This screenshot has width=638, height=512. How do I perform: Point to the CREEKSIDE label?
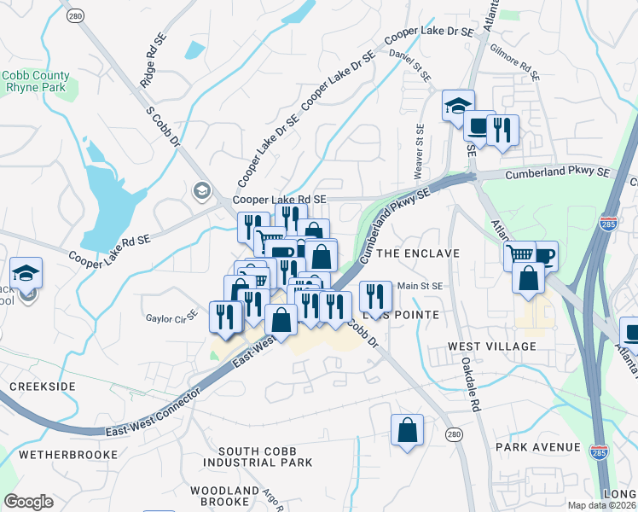pyautogui.click(x=43, y=387)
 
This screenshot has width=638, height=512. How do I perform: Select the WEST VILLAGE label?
pyautogui.click(x=493, y=346)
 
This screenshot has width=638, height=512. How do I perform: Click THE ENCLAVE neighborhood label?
pyautogui.click(x=418, y=253)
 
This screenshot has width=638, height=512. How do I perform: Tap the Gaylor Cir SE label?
pyautogui.click(x=171, y=314)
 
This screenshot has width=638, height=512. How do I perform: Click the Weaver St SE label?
pyautogui.click(x=420, y=152)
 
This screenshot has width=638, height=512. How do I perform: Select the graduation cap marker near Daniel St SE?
pyautogui.click(x=458, y=105)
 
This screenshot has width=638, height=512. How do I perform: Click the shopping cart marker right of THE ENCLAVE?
pyautogui.click(x=519, y=253)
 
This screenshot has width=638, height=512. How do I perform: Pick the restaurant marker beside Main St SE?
pyautogui.click(x=375, y=296)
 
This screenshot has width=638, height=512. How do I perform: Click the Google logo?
pyautogui.click(x=29, y=502)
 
